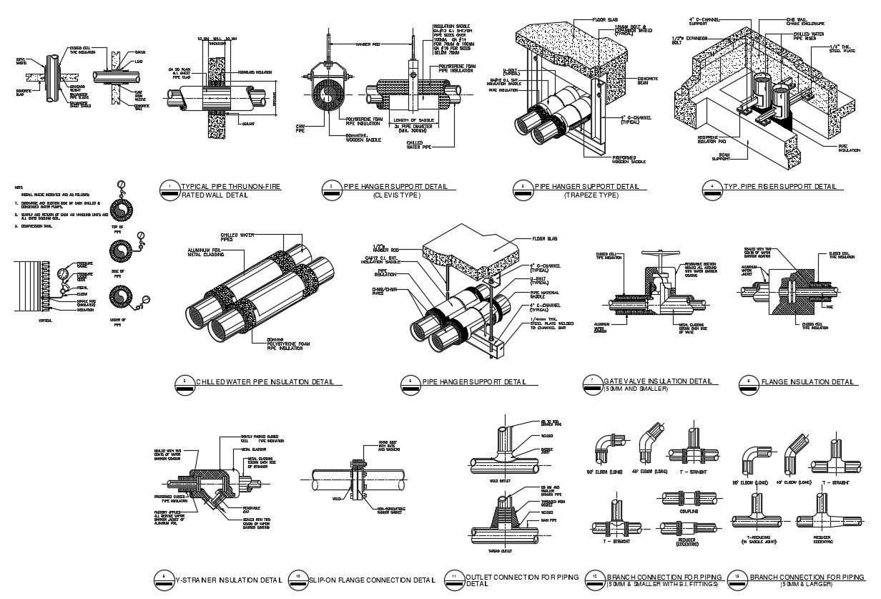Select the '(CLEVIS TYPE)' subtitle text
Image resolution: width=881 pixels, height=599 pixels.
click(x=395, y=195)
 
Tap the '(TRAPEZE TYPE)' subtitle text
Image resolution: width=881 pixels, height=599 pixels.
click(x=591, y=195)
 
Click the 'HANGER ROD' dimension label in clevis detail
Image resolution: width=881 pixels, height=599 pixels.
click(x=369, y=44)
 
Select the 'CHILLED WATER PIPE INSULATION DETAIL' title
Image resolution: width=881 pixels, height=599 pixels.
click(x=265, y=382)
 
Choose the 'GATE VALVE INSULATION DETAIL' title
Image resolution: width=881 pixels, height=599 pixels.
click(x=658, y=381)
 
